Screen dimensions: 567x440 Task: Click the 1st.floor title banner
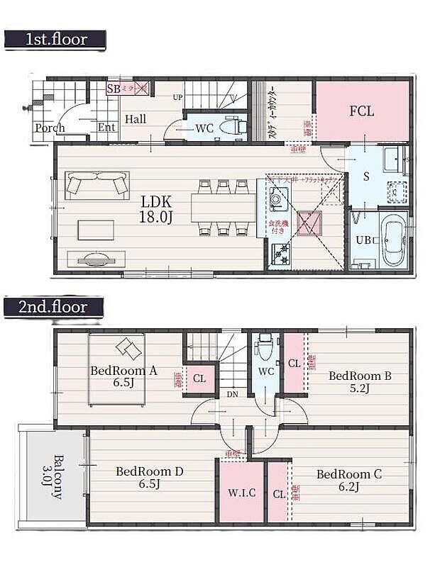pos(55,40)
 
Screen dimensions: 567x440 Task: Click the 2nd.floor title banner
pos(54,308)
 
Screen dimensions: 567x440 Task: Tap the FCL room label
pos(361,111)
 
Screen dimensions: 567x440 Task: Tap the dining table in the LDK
pos(223,208)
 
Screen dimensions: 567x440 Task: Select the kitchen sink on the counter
pos(277,201)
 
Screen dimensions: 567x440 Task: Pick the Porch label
pos(50,128)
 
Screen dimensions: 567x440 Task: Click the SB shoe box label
pos(114,89)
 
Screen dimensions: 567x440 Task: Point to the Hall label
pos(136,119)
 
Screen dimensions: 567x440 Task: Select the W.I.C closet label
pos(241,493)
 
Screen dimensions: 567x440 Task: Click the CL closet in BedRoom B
pos(294,363)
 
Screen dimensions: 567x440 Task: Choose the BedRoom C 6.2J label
pos(348,480)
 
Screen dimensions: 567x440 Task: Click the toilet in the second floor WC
pos(265,348)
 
